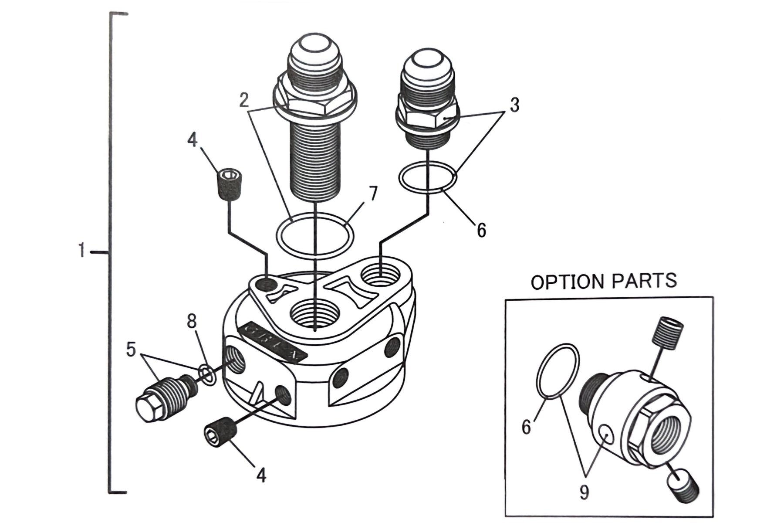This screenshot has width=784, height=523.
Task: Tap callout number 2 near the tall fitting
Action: pyautogui.click(x=244, y=100)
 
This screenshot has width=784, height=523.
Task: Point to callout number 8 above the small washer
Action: pyautogui.click(x=192, y=322)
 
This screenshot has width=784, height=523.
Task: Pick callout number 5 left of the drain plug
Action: pyautogui.click(x=131, y=350)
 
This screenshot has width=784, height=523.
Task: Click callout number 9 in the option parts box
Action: pyautogui.click(x=584, y=492)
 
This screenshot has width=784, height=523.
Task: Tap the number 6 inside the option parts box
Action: pyautogui.click(x=527, y=427)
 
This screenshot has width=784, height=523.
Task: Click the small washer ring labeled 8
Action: pyautogui.click(x=206, y=375)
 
